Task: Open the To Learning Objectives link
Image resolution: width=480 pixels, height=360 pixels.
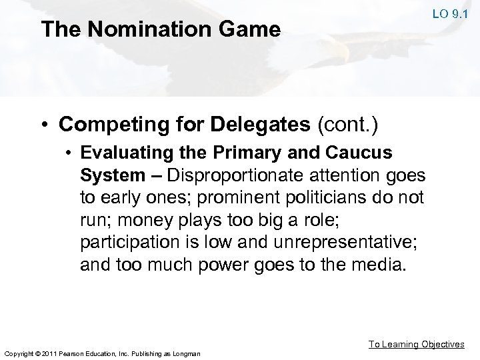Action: click(417, 344)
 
